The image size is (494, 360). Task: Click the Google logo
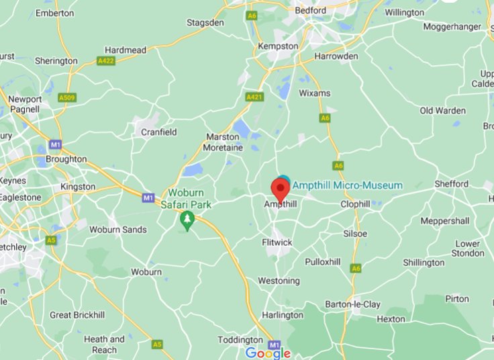(x=268, y=353)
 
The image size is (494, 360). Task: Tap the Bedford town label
(x=311, y=11)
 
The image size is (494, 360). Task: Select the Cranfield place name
(x=159, y=132)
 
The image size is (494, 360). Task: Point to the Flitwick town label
(x=277, y=242)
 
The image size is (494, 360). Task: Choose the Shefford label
(x=452, y=183)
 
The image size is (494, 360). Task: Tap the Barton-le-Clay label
(x=352, y=304)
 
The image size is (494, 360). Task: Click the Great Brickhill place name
(x=79, y=315)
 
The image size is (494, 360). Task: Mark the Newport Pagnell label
(x=25, y=105)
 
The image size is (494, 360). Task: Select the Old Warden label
(x=442, y=110)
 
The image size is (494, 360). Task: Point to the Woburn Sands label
(x=119, y=230)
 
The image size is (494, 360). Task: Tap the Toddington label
(x=240, y=340)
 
